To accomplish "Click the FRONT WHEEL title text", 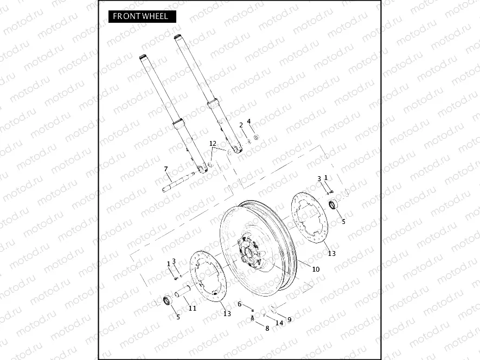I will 140,16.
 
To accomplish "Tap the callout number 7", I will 166,169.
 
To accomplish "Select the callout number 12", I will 213,144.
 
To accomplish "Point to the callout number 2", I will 241,125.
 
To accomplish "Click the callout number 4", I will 249,121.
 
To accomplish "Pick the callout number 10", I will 316,269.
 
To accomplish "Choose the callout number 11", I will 192,308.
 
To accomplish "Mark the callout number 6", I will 239,304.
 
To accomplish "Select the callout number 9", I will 289,319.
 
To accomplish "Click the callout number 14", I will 279,323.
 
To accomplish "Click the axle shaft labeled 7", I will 178,183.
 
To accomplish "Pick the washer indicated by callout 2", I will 249,141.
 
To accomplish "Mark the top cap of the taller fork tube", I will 177,37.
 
